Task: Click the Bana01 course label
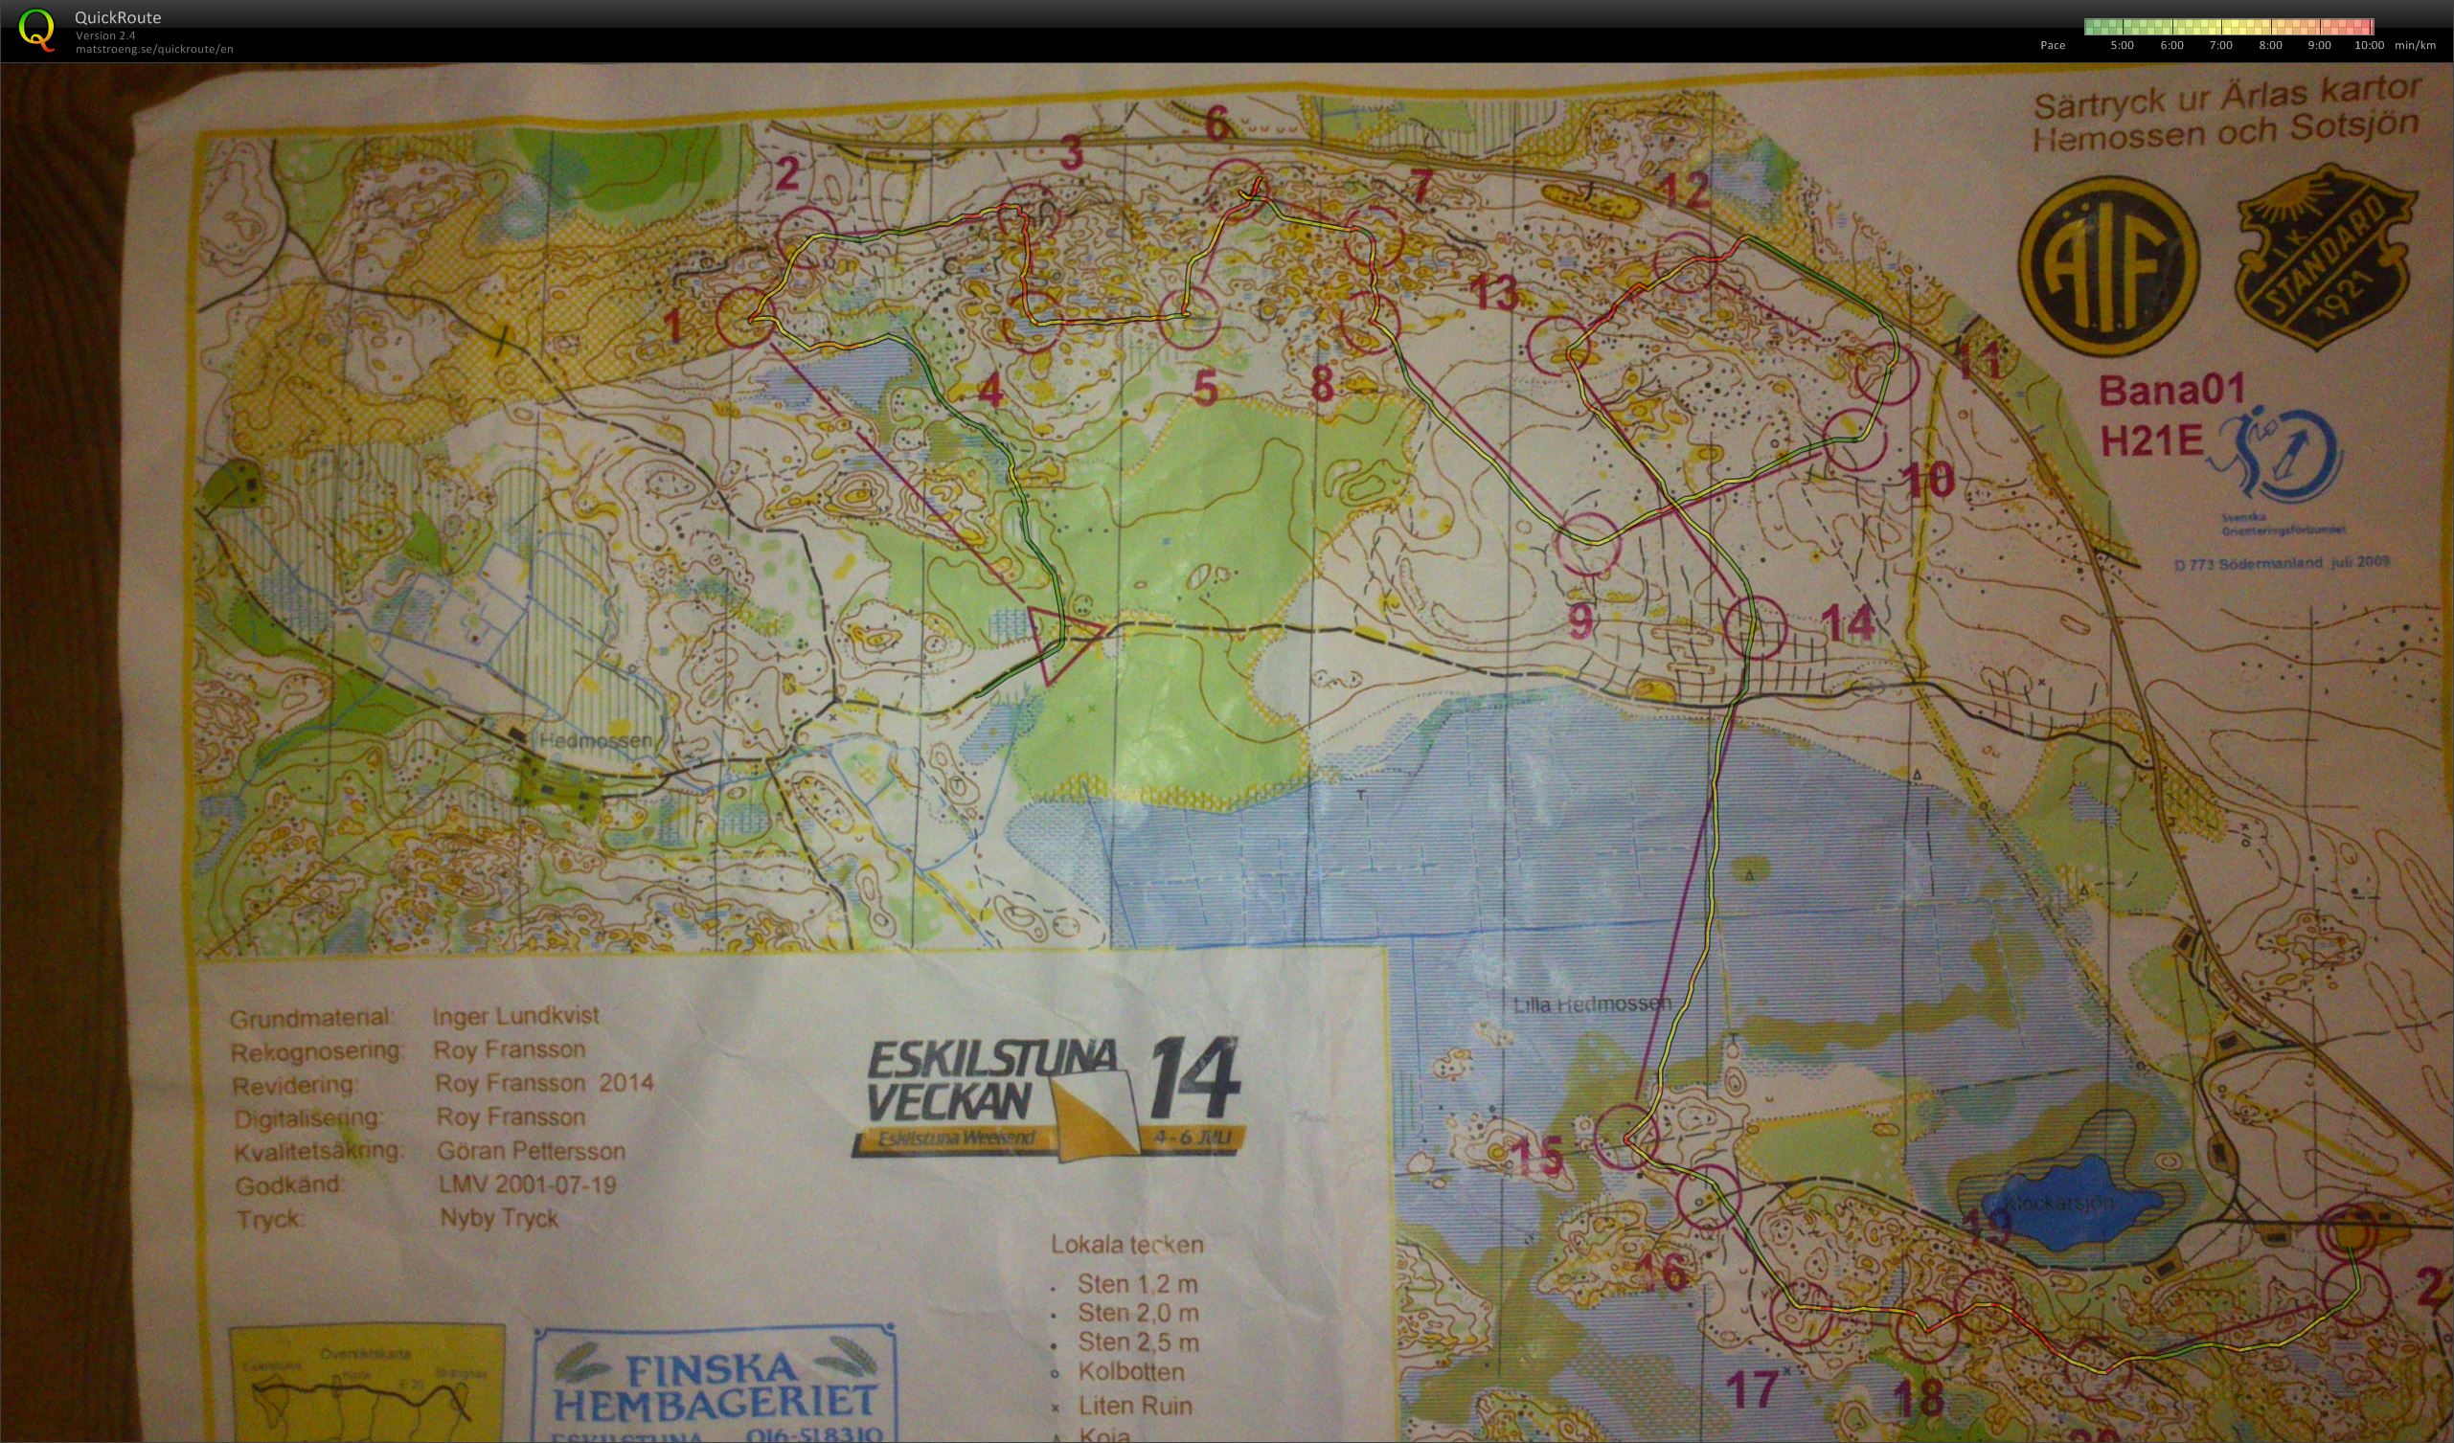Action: [2170, 392]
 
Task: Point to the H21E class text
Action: [2150, 442]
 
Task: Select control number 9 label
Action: [1581, 620]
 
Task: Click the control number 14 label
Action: [1847, 623]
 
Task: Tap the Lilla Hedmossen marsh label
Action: [1591, 1003]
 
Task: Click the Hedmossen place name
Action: [595, 741]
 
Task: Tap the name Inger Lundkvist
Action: [515, 1016]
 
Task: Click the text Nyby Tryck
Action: [499, 1218]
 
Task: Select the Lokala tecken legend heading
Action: [1125, 1245]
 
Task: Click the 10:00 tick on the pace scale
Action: [2369, 45]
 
